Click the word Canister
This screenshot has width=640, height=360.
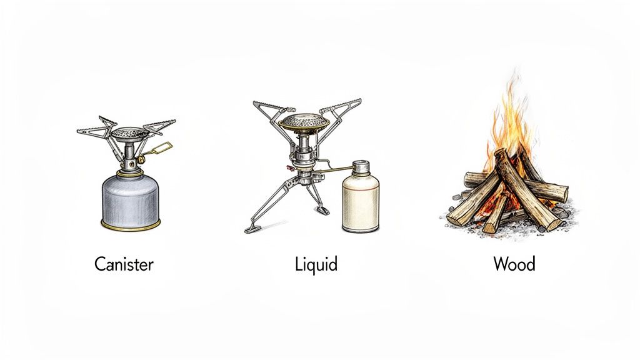[x=124, y=264]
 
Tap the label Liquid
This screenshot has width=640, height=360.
[x=316, y=264]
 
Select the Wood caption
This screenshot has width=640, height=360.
[x=514, y=264]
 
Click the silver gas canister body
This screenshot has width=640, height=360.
[x=131, y=200]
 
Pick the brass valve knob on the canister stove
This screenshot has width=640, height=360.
[x=142, y=161]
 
